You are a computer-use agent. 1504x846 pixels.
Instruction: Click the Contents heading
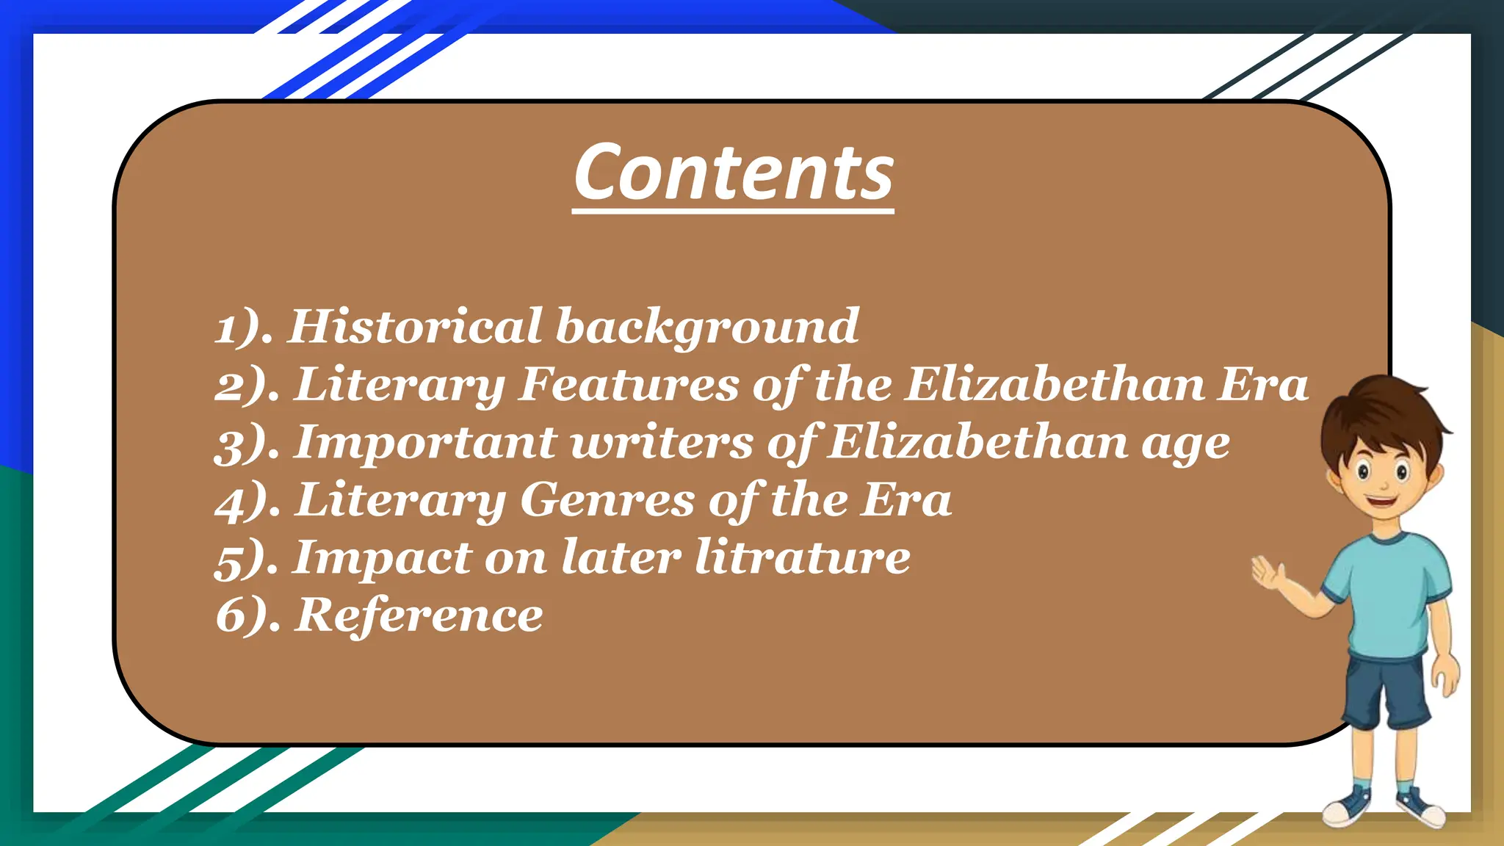coord(734,173)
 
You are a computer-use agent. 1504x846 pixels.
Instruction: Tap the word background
coord(707,327)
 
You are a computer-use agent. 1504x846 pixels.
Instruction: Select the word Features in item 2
coord(628,384)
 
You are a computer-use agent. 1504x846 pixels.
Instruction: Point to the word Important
coord(425,443)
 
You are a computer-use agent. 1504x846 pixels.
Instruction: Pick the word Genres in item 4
coord(607,500)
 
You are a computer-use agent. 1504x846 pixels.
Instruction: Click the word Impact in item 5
coord(383,557)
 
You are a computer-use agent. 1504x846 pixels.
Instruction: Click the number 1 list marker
coord(226,328)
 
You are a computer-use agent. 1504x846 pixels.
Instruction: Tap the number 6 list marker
coord(228,615)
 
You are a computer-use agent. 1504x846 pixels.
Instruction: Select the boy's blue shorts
coord(1386,690)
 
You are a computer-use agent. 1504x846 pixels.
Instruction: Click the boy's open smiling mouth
coord(1381,503)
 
